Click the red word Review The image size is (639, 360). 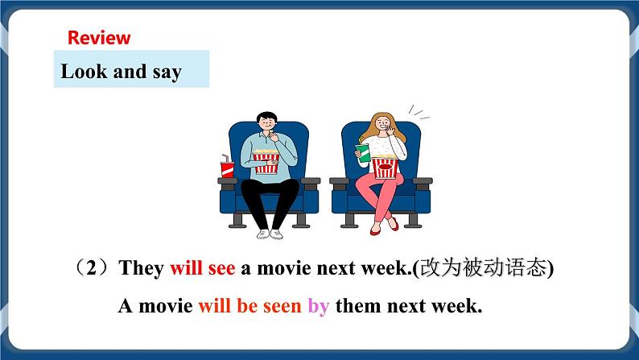coord(99,38)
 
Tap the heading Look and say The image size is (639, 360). coord(122,72)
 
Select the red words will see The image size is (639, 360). coord(202,269)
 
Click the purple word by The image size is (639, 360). coord(319,306)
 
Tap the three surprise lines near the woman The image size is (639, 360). coord(415,110)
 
